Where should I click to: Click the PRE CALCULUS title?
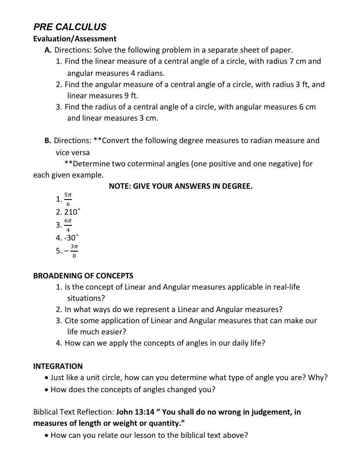pos(70,27)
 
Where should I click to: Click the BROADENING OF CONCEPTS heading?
pos(83,276)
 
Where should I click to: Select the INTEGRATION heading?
pos(58,366)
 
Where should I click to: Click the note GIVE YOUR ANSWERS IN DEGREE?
pos(181,187)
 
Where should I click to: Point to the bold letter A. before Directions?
pos(48,50)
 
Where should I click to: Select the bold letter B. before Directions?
pos(48,140)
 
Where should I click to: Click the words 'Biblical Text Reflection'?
pos(74,412)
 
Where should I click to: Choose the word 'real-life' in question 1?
pos(285,287)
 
